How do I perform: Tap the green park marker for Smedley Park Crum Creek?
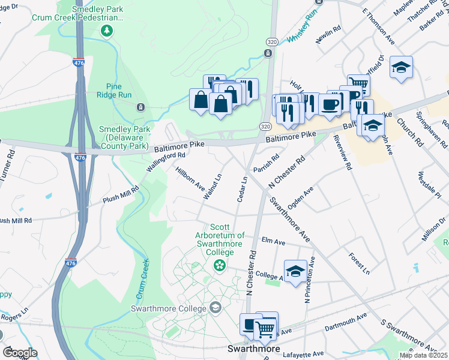click(x=107, y=31)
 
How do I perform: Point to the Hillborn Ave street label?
click(x=190, y=177)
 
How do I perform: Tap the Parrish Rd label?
click(x=267, y=164)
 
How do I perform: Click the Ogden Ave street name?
click(x=300, y=199)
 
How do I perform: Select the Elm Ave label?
click(x=274, y=241)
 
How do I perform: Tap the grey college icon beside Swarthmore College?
click(x=214, y=308)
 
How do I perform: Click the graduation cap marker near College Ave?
click(x=295, y=271)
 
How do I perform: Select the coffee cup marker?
click(x=330, y=105)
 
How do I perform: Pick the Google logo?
click(x=19, y=353)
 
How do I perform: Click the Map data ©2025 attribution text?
click(x=423, y=355)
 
